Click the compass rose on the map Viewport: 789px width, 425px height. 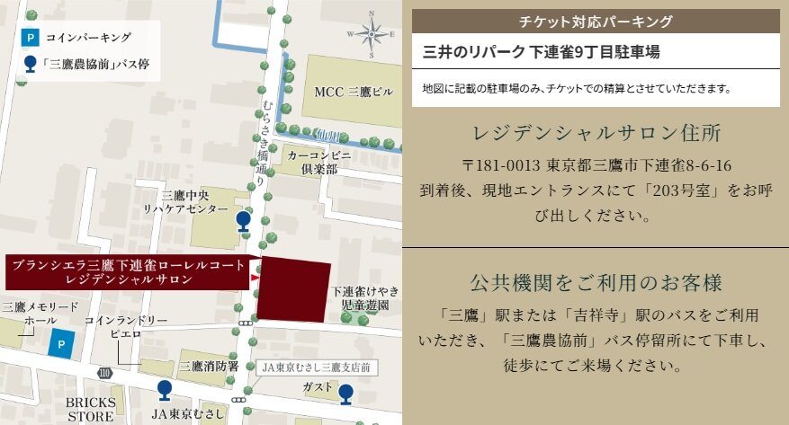click(371, 34)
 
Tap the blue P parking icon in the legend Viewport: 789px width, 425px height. click(31, 38)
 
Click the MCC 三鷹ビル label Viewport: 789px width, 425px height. click(354, 92)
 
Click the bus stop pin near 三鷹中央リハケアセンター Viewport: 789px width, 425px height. click(243, 221)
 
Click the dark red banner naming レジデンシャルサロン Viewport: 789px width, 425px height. click(125, 271)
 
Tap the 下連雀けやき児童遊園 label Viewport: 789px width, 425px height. click(364, 298)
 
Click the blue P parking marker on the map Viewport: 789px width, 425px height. click(60, 343)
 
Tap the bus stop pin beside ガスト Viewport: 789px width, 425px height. click(346, 392)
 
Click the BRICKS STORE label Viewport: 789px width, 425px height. click(89, 410)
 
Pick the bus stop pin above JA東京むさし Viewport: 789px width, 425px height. click(164, 389)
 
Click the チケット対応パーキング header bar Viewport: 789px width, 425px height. click(596, 21)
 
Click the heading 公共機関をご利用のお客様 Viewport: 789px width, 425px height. click(596, 283)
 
